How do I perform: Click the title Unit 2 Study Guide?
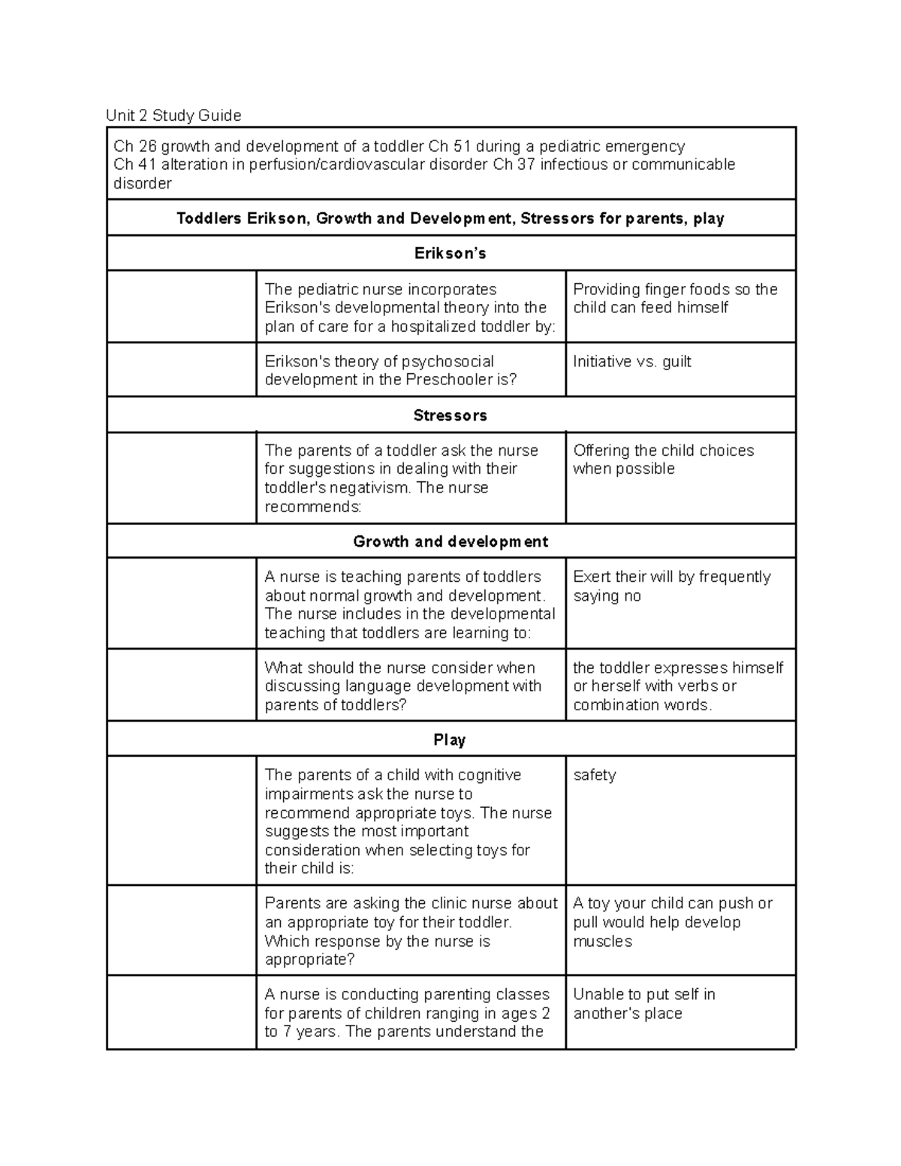tap(173, 116)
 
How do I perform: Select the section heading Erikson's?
tap(450, 254)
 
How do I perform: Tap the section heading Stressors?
tap(450, 415)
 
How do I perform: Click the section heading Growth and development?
tap(450, 541)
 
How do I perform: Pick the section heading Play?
tap(450, 740)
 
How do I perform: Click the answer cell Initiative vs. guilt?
tap(631, 362)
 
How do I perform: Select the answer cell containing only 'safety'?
tap(594, 775)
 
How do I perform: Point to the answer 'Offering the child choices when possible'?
tap(663, 459)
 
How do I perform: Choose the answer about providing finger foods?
tap(674, 299)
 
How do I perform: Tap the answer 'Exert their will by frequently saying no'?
tap(671, 586)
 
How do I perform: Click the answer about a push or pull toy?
tap(672, 922)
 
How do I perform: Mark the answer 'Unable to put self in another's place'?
tap(643, 1004)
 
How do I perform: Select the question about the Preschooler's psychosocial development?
tap(390, 371)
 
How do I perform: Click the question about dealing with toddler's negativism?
tap(401, 478)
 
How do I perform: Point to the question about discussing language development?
tap(402, 686)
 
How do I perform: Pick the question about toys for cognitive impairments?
tap(408, 821)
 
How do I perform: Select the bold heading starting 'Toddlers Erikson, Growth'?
tap(450, 218)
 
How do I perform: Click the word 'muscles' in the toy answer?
tap(602, 942)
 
